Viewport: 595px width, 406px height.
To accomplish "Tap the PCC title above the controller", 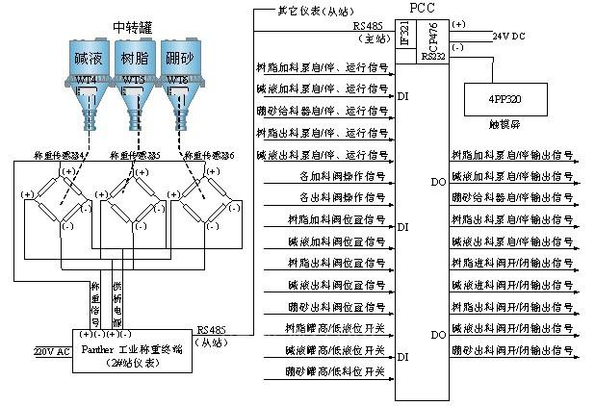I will tap(422, 9).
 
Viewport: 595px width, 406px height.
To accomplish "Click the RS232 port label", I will tap(433, 58).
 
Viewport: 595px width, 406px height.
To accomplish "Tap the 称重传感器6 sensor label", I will tap(213, 154).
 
